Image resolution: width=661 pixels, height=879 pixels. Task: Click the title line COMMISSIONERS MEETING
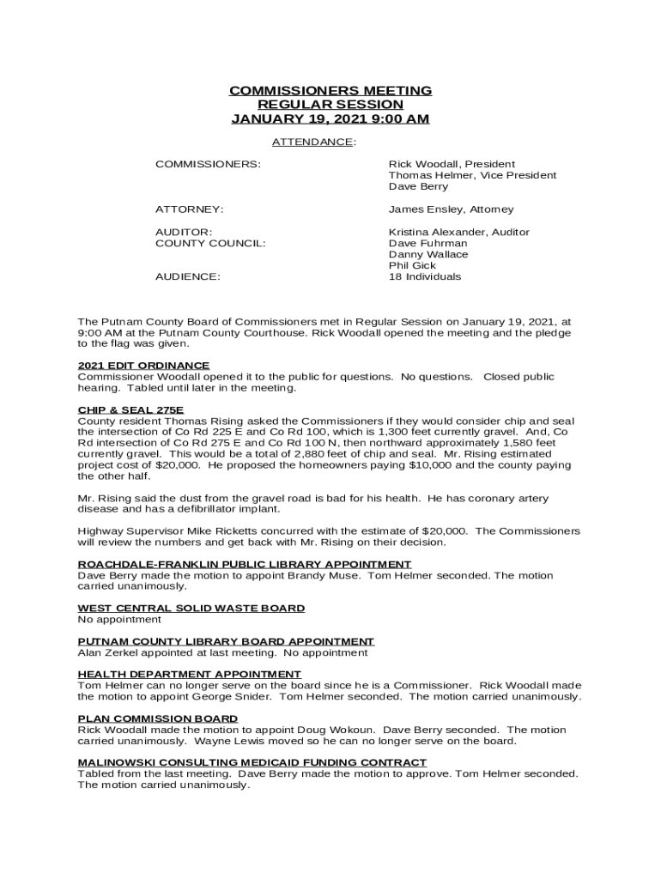tap(330, 91)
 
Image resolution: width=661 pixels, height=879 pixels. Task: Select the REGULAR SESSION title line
tap(330, 105)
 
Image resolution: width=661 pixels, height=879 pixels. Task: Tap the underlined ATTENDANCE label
tap(312, 142)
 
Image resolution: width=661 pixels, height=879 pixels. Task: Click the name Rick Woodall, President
tap(452, 164)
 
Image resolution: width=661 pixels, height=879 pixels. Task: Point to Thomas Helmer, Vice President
tap(472, 175)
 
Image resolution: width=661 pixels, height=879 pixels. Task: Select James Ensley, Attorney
tap(451, 209)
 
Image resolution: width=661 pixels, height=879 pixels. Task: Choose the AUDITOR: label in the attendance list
tap(184, 233)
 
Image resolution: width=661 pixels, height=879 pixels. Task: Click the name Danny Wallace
tap(428, 255)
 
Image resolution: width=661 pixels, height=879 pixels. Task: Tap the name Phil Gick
tap(412, 266)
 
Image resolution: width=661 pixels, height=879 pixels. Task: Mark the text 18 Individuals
tap(425, 277)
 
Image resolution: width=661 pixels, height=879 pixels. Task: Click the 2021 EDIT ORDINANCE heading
tap(143, 366)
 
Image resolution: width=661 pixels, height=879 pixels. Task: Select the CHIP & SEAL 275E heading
tap(130, 410)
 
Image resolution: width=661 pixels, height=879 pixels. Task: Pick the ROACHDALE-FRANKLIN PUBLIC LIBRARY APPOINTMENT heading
tap(245, 565)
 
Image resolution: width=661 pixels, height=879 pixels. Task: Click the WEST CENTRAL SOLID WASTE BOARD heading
tap(191, 609)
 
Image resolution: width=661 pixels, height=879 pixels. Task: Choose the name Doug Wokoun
tap(341, 730)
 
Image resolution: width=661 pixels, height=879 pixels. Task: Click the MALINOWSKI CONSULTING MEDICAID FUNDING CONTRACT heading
tap(252, 763)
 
